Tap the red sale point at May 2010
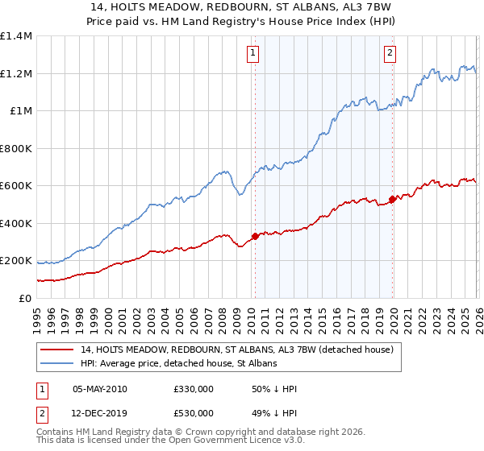[255, 236]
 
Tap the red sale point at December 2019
[392, 199]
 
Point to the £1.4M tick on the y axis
[17, 36]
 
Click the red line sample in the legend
[58, 350]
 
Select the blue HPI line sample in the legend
[58, 364]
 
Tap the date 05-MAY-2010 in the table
[100, 389]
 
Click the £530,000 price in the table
[194, 413]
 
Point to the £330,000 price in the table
[194, 389]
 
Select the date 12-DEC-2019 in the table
[100, 413]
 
